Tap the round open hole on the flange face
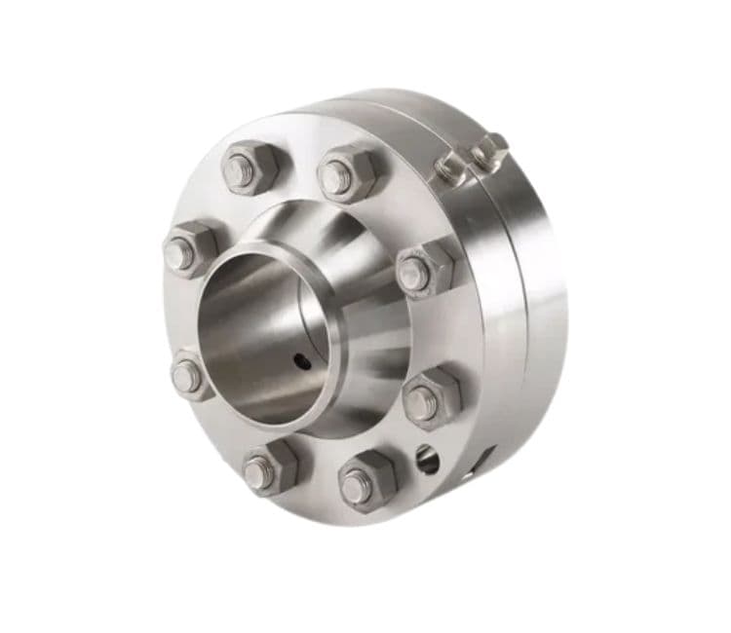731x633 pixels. point(426,459)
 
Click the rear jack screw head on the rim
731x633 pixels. point(489,152)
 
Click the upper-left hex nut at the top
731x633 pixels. point(250,168)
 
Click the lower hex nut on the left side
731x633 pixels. point(192,374)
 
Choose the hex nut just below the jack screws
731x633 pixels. point(425,268)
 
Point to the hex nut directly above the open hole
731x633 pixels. point(431,395)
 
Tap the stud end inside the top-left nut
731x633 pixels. point(239,171)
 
